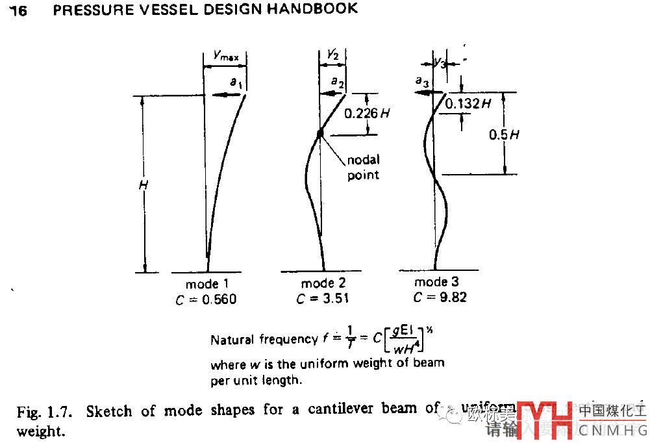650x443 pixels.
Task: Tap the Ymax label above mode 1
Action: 226,57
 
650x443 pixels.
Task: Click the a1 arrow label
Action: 235,82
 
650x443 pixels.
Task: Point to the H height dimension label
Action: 144,185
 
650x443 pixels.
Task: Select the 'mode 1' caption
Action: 207,285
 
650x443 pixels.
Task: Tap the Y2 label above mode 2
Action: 332,56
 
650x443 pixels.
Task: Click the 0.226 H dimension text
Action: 368,113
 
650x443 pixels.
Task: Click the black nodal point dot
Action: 320,134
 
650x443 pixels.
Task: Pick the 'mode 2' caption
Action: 323,284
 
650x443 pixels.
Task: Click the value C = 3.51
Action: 323,299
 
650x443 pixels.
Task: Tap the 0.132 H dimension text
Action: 468,103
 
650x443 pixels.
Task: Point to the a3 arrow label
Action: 421,81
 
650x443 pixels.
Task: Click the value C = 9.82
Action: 439,297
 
